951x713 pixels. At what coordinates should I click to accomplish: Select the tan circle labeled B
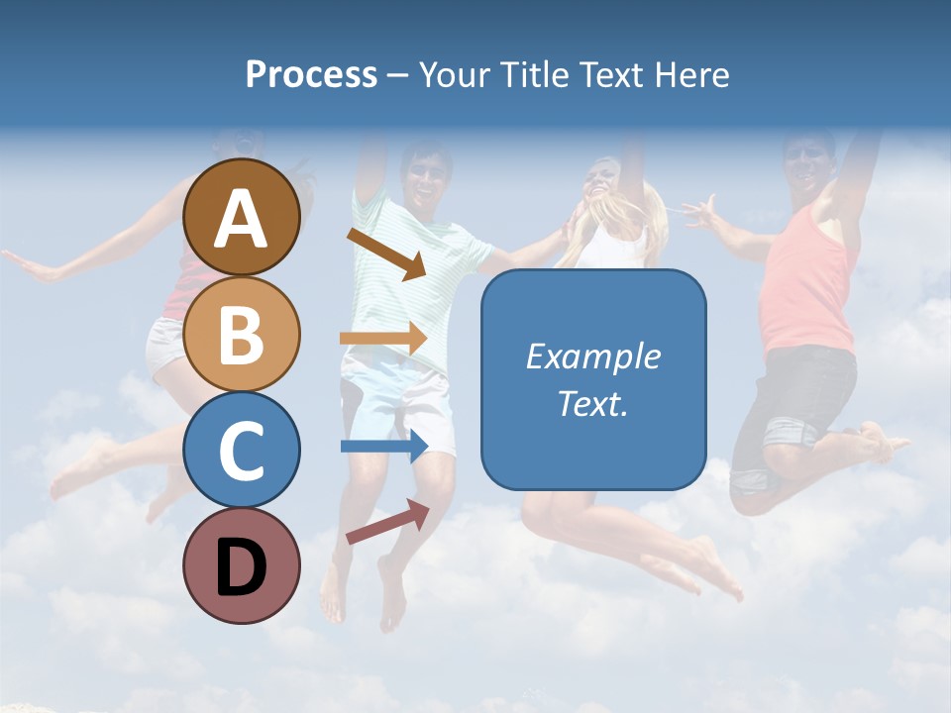coord(241,334)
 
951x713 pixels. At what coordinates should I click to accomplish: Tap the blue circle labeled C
coord(241,450)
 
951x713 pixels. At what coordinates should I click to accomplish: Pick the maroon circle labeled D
coord(241,565)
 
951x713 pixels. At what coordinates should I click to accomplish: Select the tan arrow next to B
coord(383,339)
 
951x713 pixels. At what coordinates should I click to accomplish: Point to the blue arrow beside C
coord(384,446)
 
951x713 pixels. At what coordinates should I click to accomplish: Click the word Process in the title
coord(311,74)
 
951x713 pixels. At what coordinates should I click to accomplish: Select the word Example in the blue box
coord(593,356)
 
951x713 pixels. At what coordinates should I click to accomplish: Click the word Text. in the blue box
coord(593,403)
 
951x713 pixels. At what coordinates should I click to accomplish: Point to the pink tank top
coord(806,287)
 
